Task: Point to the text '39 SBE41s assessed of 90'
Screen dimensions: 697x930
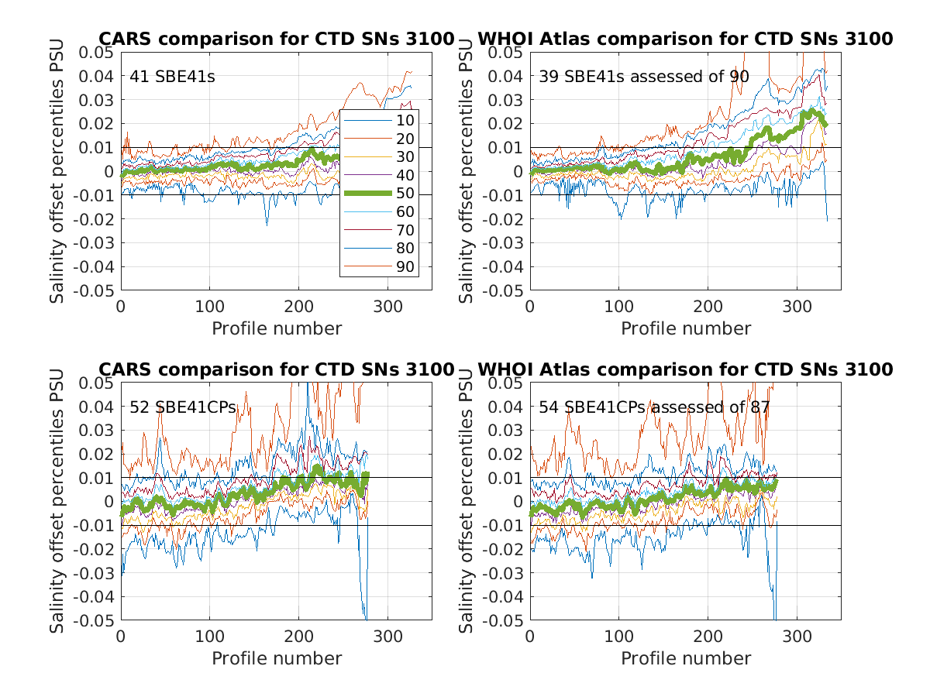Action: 643,76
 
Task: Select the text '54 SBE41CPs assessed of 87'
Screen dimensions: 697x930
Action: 654,407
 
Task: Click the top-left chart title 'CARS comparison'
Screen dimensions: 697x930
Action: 276,39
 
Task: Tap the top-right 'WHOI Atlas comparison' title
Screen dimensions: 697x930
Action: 685,39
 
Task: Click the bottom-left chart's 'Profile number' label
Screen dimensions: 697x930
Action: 277,658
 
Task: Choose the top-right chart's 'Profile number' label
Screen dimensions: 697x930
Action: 686,328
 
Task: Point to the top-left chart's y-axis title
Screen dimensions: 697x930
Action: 57,170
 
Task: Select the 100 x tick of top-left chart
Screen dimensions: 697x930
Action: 210,305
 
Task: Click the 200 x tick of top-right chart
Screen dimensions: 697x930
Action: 708,305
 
